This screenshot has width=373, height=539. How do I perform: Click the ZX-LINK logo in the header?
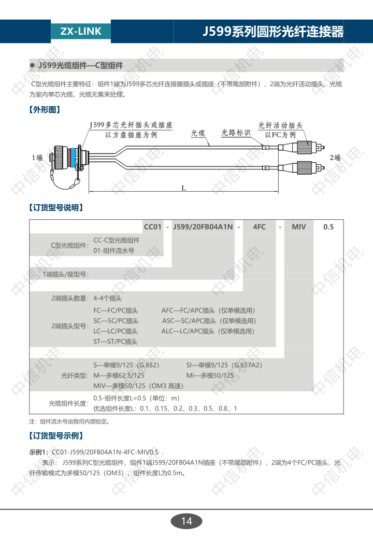click(x=81, y=31)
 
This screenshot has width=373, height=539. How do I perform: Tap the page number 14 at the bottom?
click(x=187, y=521)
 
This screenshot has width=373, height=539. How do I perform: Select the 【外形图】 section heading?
click(x=45, y=110)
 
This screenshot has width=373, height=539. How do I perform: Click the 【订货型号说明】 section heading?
click(x=56, y=208)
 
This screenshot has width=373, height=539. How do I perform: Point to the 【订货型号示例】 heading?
click(x=56, y=436)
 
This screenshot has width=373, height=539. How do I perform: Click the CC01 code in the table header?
click(x=152, y=227)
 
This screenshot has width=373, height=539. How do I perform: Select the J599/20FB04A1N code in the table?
click(x=203, y=227)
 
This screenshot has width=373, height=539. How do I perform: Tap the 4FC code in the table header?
click(x=260, y=227)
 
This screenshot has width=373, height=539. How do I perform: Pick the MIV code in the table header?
click(x=299, y=227)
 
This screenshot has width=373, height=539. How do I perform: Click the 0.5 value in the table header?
click(x=328, y=227)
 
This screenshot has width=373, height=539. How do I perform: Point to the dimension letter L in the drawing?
click(x=184, y=188)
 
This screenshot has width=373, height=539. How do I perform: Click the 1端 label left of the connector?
click(x=37, y=158)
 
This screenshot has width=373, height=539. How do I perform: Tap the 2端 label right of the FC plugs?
click(x=335, y=158)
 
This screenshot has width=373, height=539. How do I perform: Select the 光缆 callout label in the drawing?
click(x=198, y=133)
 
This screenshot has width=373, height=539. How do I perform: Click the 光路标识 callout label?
click(x=236, y=133)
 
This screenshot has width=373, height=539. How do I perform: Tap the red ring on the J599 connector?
click(x=73, y=158)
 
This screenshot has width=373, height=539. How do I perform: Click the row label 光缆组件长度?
click(x=69, y=404)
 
